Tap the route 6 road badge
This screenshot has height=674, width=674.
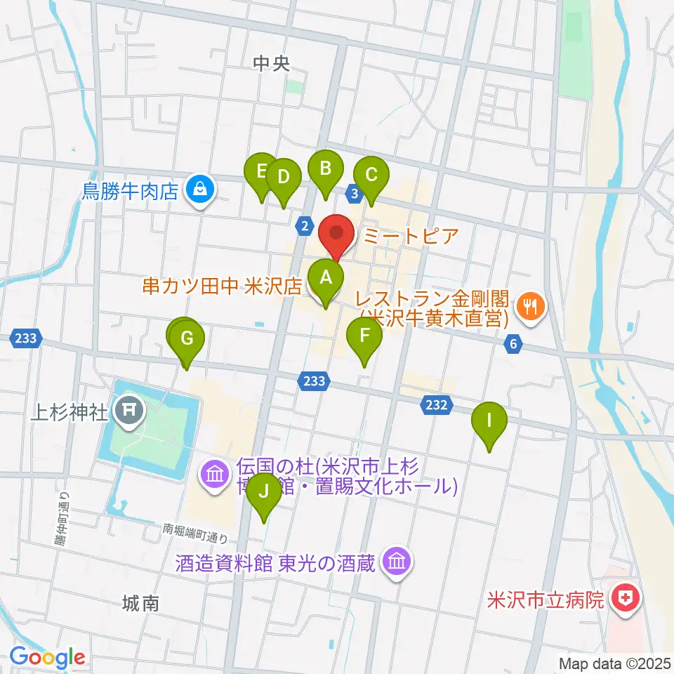coord(514,344)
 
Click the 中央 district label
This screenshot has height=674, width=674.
coord(271,64)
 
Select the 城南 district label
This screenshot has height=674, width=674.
coord(140,602)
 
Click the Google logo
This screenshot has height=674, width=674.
coord(48,657)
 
